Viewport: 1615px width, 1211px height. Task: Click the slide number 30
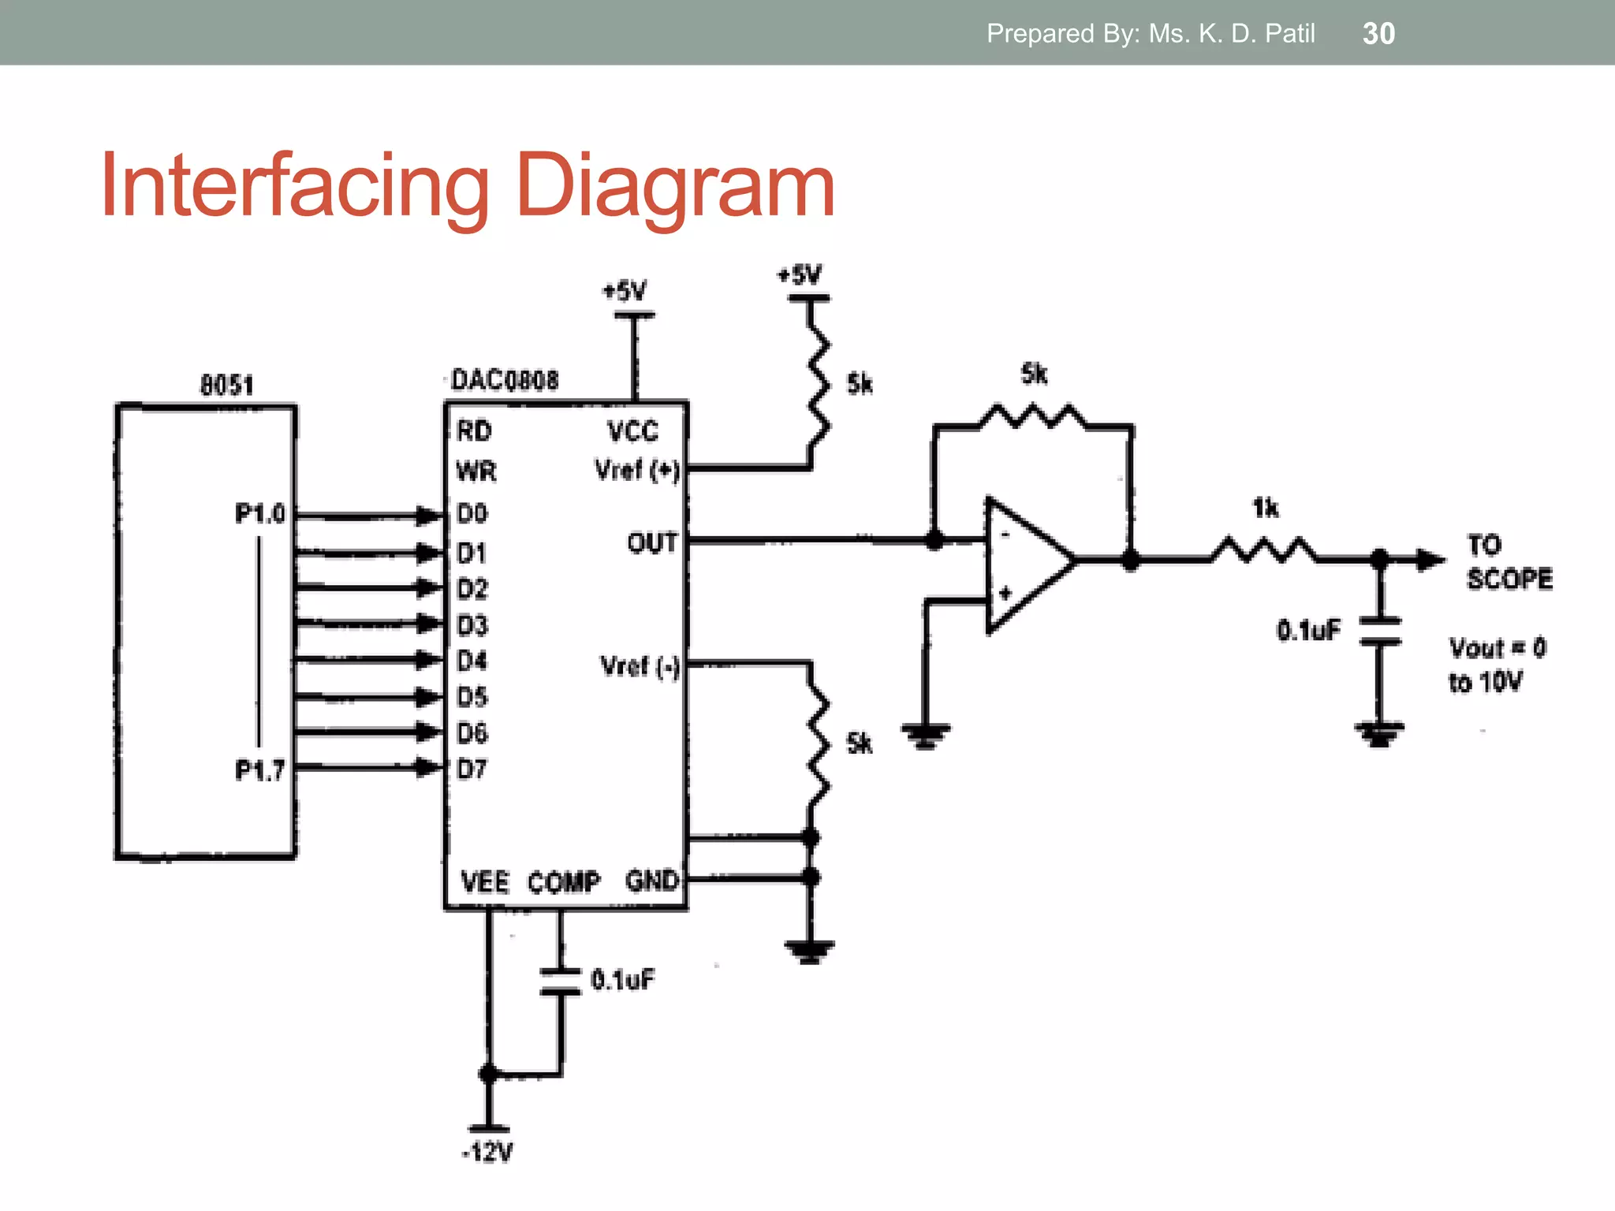pyautogui.click(x=1378, y=33)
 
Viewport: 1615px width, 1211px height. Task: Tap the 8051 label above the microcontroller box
pyautogui.click(x=226, y=385)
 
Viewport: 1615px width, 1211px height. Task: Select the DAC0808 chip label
pyautogui.click(x=505, y=380)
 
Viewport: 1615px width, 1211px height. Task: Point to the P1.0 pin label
pyautogui.click(x=259, y=514)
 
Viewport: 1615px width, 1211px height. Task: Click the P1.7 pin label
pyautogui.click(x=259, y=769)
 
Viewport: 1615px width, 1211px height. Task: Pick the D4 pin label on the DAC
pyautogui.click(x=472, y=661)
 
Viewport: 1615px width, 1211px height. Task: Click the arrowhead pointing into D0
pyautogui.click(x=430, y=516)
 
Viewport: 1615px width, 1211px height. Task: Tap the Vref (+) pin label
pyautogui.click(x=636, y=470)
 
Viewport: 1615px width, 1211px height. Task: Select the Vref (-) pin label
pyautogui.click(x=640, y=666)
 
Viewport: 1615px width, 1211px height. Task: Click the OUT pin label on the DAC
pyautogui.click(x=652, y=542)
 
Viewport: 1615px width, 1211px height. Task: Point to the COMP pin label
pyautogui.click(x=564, y=881)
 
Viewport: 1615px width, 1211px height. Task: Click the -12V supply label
pyautogui.click(x=487, y=1152)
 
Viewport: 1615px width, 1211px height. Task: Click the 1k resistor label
pyautogui.click(x=1266, y=509)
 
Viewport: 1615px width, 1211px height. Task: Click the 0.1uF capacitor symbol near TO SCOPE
pyautogui.click(x=1379, y=632)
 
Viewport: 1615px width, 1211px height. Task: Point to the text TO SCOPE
pyautogui.click(x=1508, y=561)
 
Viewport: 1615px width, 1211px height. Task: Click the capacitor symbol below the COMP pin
pyautogui.click(x=561, y=982)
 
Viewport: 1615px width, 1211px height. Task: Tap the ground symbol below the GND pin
pyautogui.click(x=810, y=952)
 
